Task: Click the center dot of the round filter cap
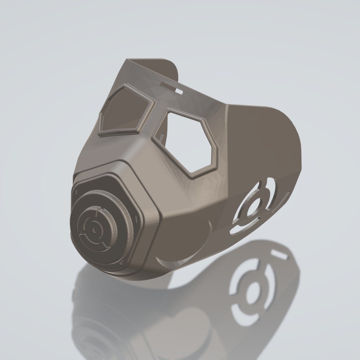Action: pos(94,230)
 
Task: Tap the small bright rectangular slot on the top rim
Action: pos(179,92)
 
